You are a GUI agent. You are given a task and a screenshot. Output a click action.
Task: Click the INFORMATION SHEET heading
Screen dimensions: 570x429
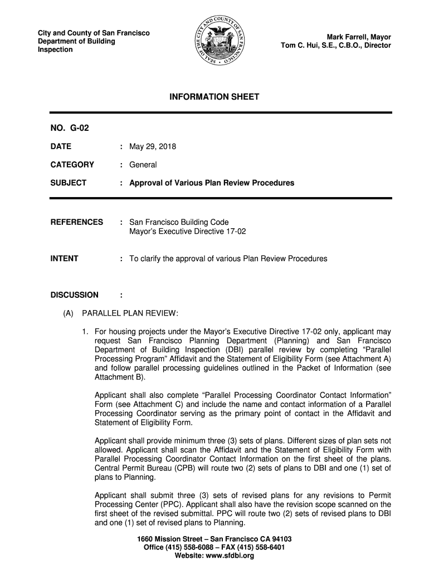click(214, 97)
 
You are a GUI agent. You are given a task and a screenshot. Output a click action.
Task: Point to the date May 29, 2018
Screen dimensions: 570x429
click(153, 147)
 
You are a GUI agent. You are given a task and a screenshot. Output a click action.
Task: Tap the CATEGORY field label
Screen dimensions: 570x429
click(72, 165)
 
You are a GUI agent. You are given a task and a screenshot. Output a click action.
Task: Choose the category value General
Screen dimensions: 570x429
click(143, 165)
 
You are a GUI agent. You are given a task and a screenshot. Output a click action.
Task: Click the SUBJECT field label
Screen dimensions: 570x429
click(69, 183)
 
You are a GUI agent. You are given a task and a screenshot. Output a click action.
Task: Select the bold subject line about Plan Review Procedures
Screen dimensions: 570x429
click(212, 183)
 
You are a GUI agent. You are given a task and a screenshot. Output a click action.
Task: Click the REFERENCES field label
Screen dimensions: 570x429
click(77, 222)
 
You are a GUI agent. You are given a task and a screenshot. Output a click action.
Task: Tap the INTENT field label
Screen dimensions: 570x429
click(65, 258)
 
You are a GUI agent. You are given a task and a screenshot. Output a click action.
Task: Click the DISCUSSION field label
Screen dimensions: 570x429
click(75, 294)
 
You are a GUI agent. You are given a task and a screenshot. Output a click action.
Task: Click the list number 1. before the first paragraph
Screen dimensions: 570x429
click(85, 332)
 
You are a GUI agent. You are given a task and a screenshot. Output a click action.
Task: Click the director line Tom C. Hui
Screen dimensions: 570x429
click(336, 46)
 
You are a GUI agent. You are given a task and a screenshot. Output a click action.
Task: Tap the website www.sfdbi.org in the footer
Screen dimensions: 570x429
click(214, 556)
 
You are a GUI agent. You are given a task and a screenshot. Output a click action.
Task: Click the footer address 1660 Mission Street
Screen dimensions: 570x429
click(214, 539)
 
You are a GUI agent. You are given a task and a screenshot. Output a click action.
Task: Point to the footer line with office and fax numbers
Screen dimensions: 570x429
click(214, 547)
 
